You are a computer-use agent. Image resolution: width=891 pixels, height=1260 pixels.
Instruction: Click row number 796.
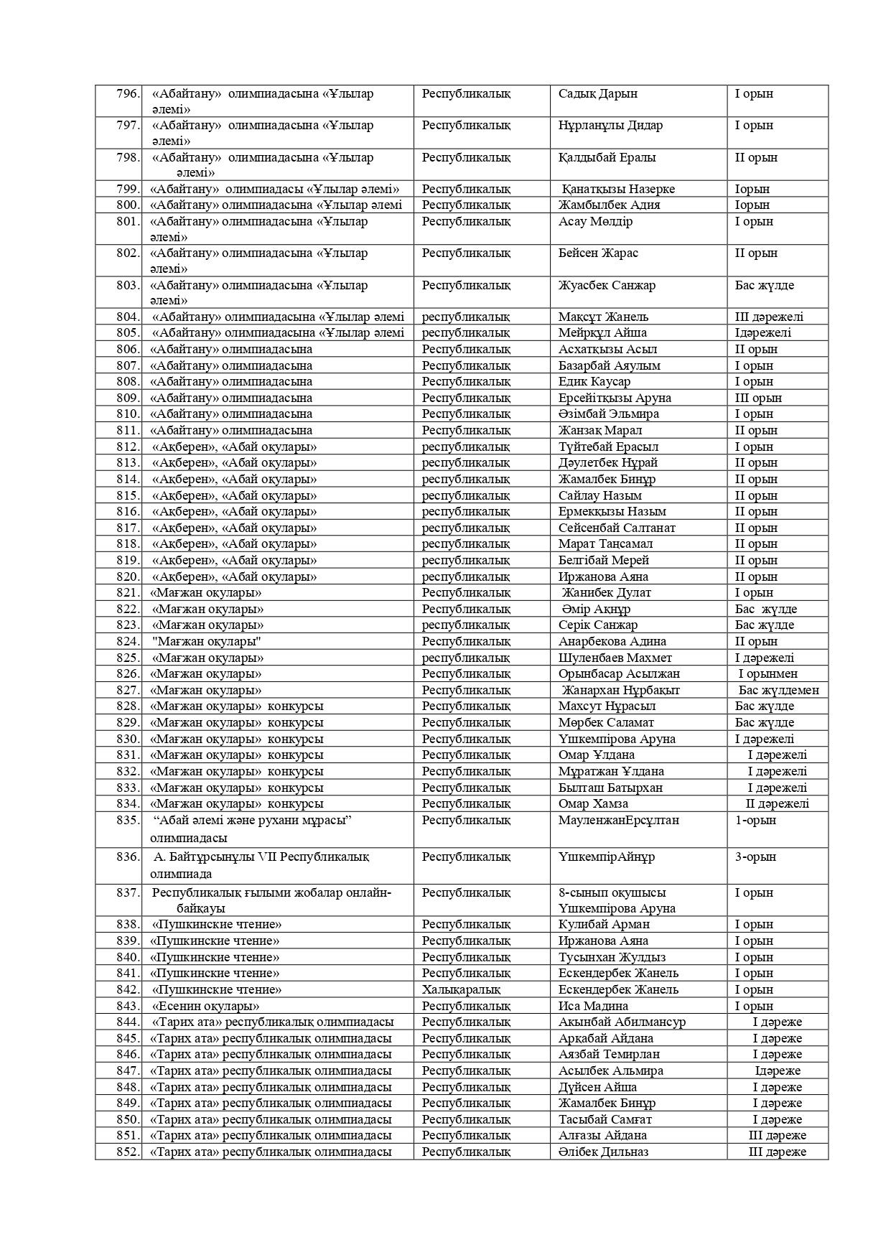(x=127, y=94)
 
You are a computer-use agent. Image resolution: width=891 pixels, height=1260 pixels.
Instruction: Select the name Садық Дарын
(x=597, y=94)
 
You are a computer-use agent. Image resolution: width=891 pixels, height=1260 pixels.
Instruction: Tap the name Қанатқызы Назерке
(x=617, y=190)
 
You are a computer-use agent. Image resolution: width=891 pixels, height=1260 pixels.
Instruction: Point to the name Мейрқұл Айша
(x=602, y=333)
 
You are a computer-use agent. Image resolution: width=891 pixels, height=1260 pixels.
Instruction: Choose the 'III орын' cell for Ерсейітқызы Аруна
(x=757, y=398)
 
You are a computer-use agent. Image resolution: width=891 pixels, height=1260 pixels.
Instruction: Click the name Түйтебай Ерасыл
(x=608, y=447)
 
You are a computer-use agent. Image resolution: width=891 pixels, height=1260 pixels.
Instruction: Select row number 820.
(x=127, y=577)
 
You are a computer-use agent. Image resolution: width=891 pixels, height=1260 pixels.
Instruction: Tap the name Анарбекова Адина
(x=612, y=641)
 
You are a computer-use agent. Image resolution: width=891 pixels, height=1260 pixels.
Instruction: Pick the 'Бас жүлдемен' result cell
(x=778, y=690)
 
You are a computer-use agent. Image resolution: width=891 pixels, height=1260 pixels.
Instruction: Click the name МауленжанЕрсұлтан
(x=618, y=820)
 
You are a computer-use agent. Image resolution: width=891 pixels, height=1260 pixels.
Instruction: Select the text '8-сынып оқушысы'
(x=612, y=892)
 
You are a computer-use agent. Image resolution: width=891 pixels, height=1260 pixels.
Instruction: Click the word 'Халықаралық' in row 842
(x=460, y=989)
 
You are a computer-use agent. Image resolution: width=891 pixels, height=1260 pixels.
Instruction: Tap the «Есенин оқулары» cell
(x=205, y=1006)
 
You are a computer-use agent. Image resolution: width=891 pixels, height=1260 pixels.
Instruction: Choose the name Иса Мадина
(x=593, y=1006)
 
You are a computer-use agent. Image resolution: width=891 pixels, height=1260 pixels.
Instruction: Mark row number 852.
(x=127, y=1152)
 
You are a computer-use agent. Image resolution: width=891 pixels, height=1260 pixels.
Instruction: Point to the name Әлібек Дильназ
(x=603, y=1152)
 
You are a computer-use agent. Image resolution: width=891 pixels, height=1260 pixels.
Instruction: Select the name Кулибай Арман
(x=604, y=925)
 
